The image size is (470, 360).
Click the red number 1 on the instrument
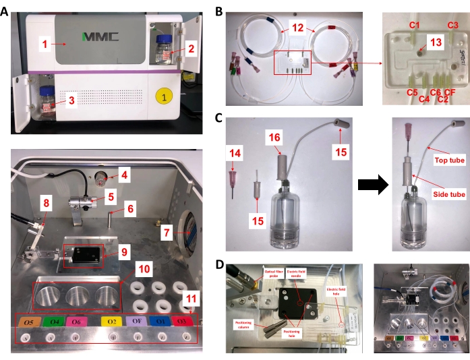click(x=44, y=45)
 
